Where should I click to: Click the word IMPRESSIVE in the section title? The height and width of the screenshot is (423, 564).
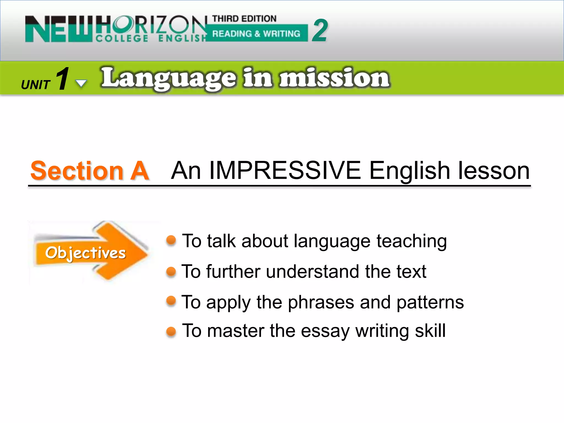pos(285,171)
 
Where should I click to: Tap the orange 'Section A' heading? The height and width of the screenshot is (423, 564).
pos(90,171)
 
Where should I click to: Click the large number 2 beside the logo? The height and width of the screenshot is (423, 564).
pos(320,31)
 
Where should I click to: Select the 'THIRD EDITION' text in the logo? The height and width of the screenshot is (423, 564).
pos(244,18)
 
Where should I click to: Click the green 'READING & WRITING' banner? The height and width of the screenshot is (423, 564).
pos(256,34)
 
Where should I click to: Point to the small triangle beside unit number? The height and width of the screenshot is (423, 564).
pos(81,83)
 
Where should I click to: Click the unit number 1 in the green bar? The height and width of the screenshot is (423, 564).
pos(63,79)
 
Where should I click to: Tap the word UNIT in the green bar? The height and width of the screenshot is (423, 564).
pos(36,85)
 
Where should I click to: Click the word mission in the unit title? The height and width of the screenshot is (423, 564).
pos(334,78)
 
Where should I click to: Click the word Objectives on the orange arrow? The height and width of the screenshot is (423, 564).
pos(85,253)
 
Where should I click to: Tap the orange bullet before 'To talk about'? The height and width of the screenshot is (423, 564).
pos(171,240)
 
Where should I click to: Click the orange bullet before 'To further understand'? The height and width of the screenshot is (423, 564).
pos(171,272)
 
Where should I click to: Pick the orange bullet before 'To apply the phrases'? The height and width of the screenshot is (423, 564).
pos(171,301)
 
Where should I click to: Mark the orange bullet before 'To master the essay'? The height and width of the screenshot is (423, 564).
pos(171,331)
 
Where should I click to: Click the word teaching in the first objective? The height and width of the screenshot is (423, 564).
pos(411,241)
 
